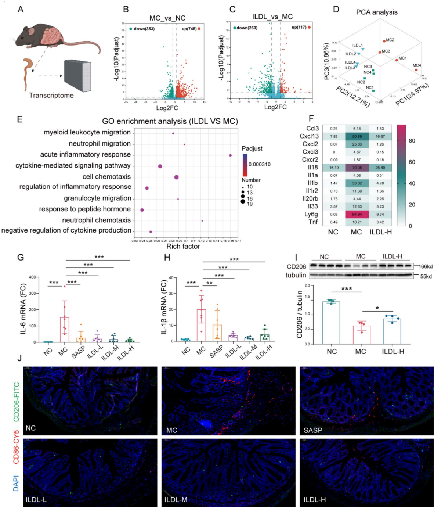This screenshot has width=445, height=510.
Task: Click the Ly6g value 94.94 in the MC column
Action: click(x=357, y=214)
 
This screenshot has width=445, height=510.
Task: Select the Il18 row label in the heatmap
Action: click(x=313, y=168)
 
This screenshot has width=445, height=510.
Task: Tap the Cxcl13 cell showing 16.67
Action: click(x=380, y=136)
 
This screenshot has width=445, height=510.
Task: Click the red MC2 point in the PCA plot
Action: click(x=384, y=41)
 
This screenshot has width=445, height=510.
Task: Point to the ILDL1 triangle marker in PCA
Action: click(x=363, y=49)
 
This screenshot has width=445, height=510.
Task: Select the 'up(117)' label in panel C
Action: click(x=299, y=27)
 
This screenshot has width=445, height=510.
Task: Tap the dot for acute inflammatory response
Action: click(x=230, y=155)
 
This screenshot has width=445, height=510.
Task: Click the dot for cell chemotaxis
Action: click(x=177, y=177)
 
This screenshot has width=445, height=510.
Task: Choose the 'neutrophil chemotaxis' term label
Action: click(x=96, y=220)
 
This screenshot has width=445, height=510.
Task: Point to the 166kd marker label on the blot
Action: click(x=425, y=266)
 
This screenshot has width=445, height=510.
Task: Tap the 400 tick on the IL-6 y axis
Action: click(x=32, y=277)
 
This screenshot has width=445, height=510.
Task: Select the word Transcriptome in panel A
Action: click(x=51, y=96)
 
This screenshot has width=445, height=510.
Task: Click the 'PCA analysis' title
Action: click(x=377, y=12)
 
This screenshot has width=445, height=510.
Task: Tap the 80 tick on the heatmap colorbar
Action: click(x=412, y=141)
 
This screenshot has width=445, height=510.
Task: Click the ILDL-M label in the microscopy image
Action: click(x=176, y=500)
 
